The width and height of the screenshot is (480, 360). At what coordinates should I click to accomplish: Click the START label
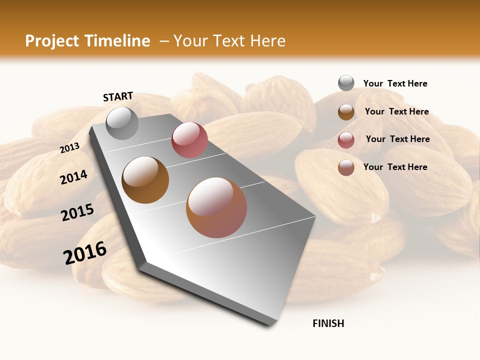(118, 96)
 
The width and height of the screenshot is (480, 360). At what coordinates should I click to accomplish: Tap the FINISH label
(328, 323)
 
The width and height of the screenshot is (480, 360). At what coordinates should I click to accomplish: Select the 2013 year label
(70, 147)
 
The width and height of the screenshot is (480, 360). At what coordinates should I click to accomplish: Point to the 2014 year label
(74, 177)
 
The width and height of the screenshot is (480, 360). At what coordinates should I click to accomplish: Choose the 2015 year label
(77, 212)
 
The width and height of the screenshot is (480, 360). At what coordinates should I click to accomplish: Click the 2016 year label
(85, 252)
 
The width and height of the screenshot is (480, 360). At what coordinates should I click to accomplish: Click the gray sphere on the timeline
(122, 123)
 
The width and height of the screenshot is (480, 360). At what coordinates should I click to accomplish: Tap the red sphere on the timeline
(189, 140)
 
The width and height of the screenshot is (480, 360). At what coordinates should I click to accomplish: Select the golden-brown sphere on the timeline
(145, 180)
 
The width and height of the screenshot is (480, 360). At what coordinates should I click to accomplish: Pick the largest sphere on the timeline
(216, 207)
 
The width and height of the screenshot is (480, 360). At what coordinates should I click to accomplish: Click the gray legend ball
(346, 83)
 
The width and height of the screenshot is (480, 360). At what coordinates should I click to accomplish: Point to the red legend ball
(346, 140)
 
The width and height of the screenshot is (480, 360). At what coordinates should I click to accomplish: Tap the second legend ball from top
(346, 111)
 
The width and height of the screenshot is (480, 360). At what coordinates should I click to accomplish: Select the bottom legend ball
(346, 167)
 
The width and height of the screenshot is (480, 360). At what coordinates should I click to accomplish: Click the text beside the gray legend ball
(395, 83)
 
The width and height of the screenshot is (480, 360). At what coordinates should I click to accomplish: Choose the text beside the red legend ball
(397, 139)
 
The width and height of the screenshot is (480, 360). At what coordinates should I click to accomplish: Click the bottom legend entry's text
(395, 167)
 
